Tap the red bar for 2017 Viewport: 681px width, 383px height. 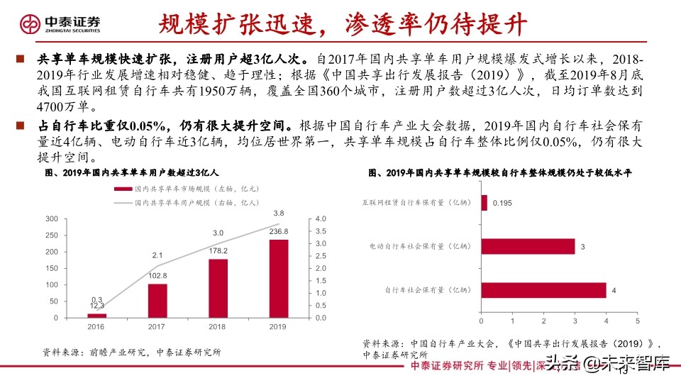coord(158,301)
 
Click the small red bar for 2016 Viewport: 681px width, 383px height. coord(97,316)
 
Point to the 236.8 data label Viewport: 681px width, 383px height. coord(279,231)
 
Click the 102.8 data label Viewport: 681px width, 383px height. coord(158,276)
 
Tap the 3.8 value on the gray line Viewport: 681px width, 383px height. coord(279,213)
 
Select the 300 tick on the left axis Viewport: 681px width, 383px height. coord(51,218)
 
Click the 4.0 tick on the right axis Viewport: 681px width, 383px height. coord(320,218)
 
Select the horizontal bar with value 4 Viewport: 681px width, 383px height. coord(543,290)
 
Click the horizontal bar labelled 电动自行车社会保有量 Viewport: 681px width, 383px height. coord(528,246)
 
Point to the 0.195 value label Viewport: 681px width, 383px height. coord(502,203)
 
